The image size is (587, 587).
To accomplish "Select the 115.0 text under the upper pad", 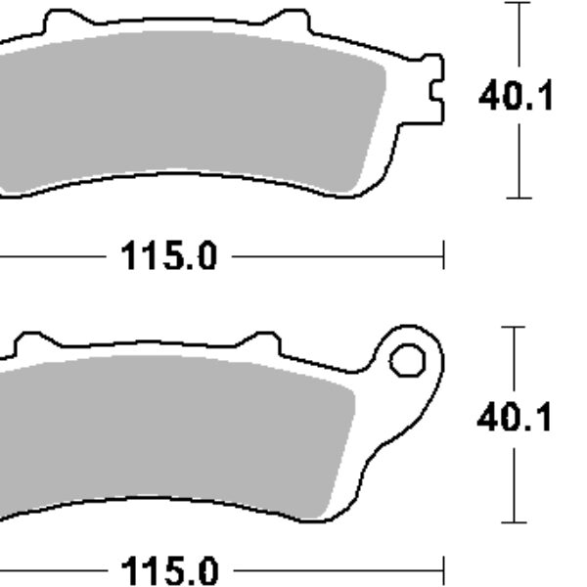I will (x=168, y=257).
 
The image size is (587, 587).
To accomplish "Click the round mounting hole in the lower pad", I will (x=404, y=361).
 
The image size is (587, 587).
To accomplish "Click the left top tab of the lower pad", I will (x=32, y=343).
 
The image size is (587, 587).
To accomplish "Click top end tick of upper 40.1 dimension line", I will (x=518, y=3).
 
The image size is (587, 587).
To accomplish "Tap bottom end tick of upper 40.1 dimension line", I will (x=518, y=198).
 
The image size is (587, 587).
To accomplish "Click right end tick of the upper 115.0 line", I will (x=443, y=257).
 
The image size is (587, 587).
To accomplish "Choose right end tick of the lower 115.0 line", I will (x=443, y=567).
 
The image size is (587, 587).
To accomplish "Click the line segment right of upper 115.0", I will (x=338, y=257).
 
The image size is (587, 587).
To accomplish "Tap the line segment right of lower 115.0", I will (x=338, y=567).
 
